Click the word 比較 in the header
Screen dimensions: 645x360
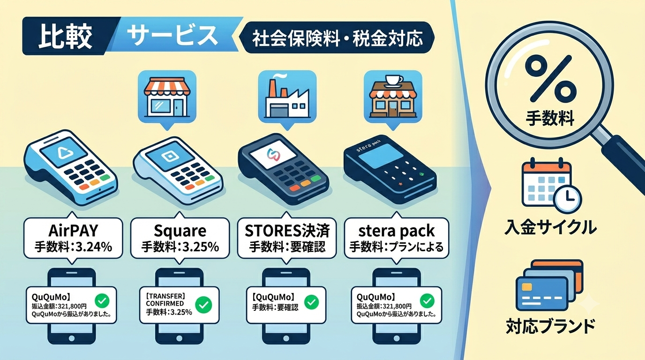click(x=65, y=37)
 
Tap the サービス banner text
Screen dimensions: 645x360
click(x=172, y=36)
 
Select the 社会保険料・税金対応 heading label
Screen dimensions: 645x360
click(x=337, y=38)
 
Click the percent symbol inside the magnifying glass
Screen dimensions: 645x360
click(x=549, y=78)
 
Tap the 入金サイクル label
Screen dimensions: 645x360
click(x=550, y=227)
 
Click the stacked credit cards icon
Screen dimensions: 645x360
click(x=549, y=285)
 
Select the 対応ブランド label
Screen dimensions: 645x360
click(x=550, y=326)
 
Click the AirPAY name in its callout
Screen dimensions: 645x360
click(x=73, y=231)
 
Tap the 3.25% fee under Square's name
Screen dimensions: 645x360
click(x=201, y=247)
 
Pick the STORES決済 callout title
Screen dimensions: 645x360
click(x=287, y=231)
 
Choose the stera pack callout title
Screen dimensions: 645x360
click(x=396, y=231)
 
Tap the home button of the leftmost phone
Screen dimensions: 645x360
click(x=71, y=338)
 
